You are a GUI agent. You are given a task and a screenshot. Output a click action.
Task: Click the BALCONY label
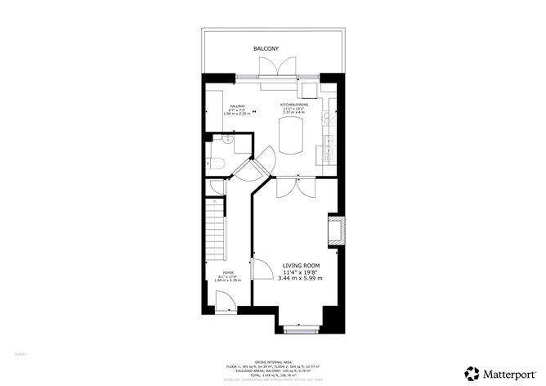pyautogui.click(x=266, y=49)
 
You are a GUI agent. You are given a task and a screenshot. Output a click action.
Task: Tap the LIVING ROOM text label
pyautogui.click(x=301, y=266)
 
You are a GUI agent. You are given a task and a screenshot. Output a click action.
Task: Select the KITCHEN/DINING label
pyautogui.click(x=294, y=105)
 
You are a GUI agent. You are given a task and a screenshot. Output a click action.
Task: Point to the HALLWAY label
pyautogui.click(x=237, y=106)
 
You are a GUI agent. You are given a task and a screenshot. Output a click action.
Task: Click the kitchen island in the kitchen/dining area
pyautogui.click(x=291, y=136)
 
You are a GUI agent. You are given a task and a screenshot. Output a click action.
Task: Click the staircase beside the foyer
pyautogui.click(x=215, y=226)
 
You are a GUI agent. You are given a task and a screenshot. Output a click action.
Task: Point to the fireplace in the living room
pyautogui.click(x=335, y=230)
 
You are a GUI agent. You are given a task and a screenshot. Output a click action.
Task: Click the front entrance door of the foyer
pyautogui.click(x=227, y=306)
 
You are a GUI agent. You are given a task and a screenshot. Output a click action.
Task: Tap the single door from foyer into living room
pyautogui.click(x=262, y=270)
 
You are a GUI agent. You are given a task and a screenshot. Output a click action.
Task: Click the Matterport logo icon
pyautogui.click(x=472, y=372)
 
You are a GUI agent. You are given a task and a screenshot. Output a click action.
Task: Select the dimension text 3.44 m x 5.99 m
pyautogui.click(x=302, y=279)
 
